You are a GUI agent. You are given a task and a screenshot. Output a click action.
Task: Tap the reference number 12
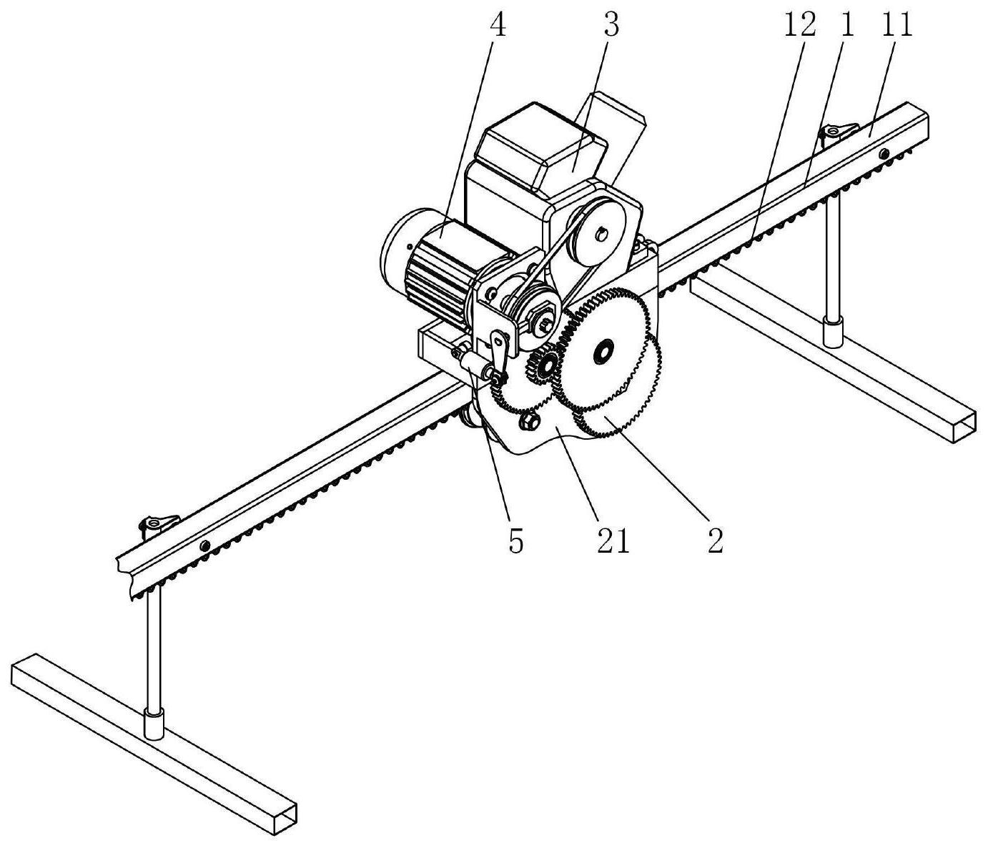click(x=800, y=26)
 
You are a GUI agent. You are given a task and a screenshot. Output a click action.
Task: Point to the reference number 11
click(x=896, y=26)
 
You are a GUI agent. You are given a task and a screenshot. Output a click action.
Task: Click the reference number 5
click(x=515, y=540)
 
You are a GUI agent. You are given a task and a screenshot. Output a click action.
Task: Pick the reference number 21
click(x=613, y=540)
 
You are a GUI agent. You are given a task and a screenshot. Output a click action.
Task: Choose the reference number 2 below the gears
click(x=715, y=540)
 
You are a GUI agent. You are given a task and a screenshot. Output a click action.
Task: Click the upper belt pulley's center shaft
click(x=601, y=235)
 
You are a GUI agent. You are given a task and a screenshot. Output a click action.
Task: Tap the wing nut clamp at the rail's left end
click(x=157, y=523)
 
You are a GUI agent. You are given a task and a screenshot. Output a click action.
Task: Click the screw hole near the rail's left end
click(x=205, y=543)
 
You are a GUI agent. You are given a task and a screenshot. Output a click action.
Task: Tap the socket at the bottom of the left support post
click(x=154, y=725)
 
